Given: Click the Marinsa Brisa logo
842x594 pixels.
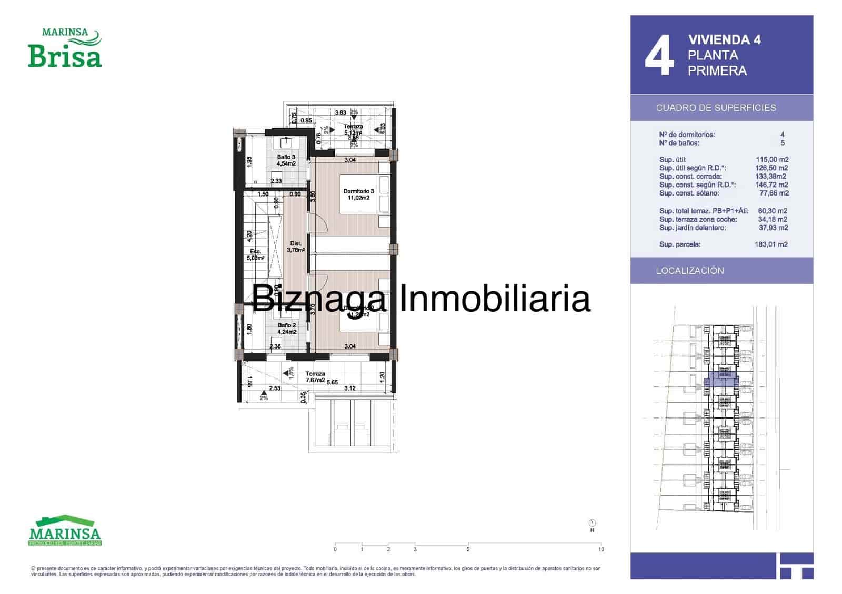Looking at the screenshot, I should pos(65,49).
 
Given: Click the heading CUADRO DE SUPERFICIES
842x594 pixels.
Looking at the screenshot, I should pos(716,108).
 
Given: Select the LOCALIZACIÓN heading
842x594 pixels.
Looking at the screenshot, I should pos(689,271).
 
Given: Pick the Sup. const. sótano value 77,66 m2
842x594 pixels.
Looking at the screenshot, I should pos(774,193).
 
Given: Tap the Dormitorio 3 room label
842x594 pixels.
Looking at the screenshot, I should pos(358,194).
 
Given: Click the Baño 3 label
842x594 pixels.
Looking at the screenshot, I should pos(286,160).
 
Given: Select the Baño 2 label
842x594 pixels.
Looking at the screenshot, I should pos(287,329).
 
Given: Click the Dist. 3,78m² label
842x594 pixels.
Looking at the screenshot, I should pos(296,247).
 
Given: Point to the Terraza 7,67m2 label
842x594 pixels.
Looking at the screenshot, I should pos(315,377).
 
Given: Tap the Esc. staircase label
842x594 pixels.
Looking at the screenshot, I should pos(255,254).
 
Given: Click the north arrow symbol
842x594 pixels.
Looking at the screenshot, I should pos(592,524).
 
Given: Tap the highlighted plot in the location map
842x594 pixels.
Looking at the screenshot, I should pos(721,380).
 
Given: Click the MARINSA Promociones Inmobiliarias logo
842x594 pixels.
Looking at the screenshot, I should pos(65,530).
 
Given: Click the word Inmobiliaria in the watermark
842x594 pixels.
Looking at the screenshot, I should pos(494,299).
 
